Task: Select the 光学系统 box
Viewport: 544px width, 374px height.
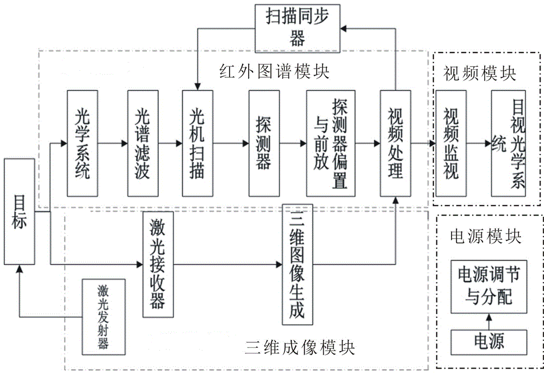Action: pyautogui.click(x=82, y=143)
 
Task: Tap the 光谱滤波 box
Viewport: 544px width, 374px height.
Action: pyautogui.click(x=143, y=143)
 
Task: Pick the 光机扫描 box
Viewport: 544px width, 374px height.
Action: pyautogui.click(x=197, y=143)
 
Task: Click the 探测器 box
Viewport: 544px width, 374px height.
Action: pyautogui.click(x=264, y=143)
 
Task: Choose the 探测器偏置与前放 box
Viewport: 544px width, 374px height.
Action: pyautogui.click(x=330, y=143)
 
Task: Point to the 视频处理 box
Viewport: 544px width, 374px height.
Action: pyautogui.click(x=395, y=143)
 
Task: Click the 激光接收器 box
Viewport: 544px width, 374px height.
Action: pyautogui.click(x=158, y=264)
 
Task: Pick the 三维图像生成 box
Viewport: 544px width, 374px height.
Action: pyautogui.click(x=298, y=263)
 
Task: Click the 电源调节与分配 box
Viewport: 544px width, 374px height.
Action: pyautogui.click(x=489, y=285)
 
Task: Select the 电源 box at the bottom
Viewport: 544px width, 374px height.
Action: pyautogui.click(x=489, y=341)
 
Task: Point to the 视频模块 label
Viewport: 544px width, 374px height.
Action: pyautogui.click(x=479, y=72)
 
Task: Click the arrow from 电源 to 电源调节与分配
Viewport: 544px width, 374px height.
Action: pyautogui.click(x=489, y=320)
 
